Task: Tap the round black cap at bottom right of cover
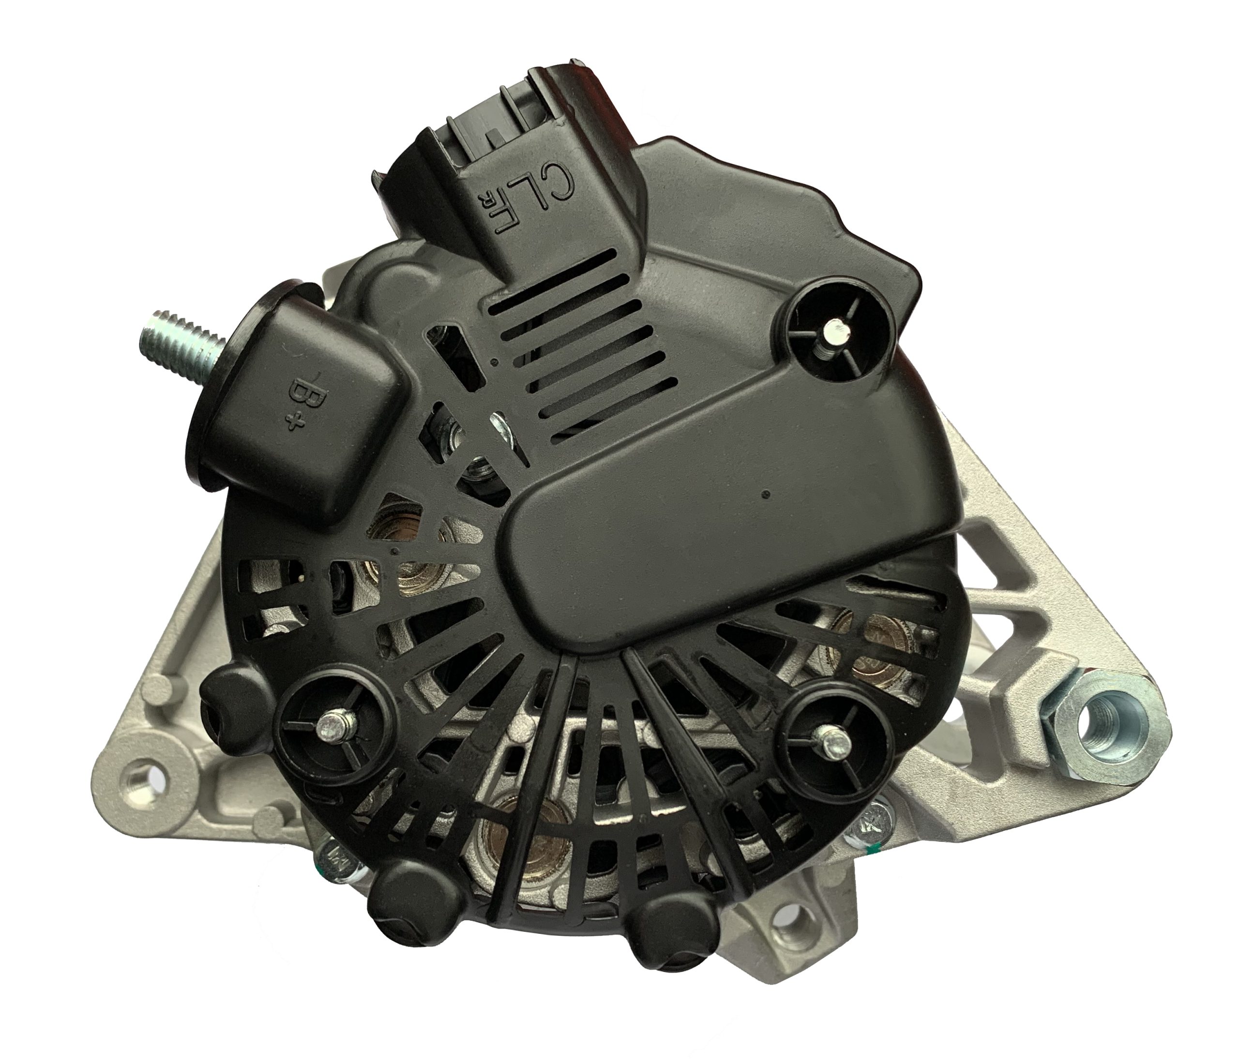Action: [x=670, y=911]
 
